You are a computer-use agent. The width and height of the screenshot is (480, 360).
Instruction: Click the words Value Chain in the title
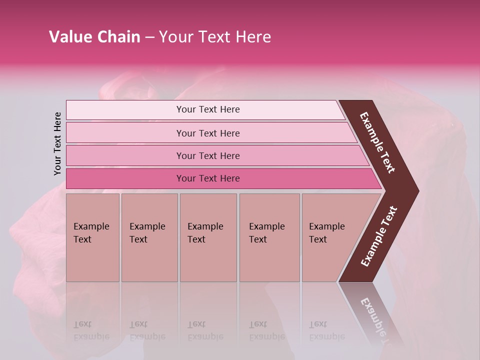pyautogui.click(x=94, y=37)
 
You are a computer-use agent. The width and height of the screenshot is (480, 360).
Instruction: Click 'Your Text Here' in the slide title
pyautogui.click(x=215, y=37)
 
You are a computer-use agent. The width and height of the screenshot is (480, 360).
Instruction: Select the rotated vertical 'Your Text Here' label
pyautogui.click(x=57, y=143)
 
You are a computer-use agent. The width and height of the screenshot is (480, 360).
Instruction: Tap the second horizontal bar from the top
pyautogui.click(x=208, y=133)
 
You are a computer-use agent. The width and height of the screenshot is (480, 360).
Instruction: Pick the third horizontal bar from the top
pyautogui.click(x=208, y=155)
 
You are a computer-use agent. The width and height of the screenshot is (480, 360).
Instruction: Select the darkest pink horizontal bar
pyautogui.click(x=208, y=178)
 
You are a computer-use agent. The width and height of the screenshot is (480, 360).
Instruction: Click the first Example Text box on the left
pyautogui.click(x=92, y=237)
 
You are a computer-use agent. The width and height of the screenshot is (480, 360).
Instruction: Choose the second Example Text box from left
pyautogui.click(x=149, y=237)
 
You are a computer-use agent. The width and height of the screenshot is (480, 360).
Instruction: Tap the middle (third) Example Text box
pyautogui.click(x=208, y=237)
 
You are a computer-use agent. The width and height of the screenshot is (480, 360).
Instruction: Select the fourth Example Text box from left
pyautogui.click(x=269, y=237)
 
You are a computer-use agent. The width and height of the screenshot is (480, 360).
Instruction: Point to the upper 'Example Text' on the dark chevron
pyautogui.click(x=377, y=142)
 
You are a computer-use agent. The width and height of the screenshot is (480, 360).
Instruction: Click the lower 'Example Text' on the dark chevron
pyautogui.click(x=379, y=236)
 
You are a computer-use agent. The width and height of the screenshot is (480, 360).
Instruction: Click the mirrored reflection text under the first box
pyautogui.click(x=91, y=330)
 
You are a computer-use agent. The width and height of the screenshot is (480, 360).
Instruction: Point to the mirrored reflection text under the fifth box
pyautogui.click(x=326, y=330)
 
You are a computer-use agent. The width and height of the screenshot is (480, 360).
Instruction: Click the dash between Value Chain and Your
pyautogui.click(x=149, y=37)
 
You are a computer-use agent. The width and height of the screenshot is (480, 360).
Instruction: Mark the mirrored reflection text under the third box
pyautogui.click(x=205, y=330)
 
